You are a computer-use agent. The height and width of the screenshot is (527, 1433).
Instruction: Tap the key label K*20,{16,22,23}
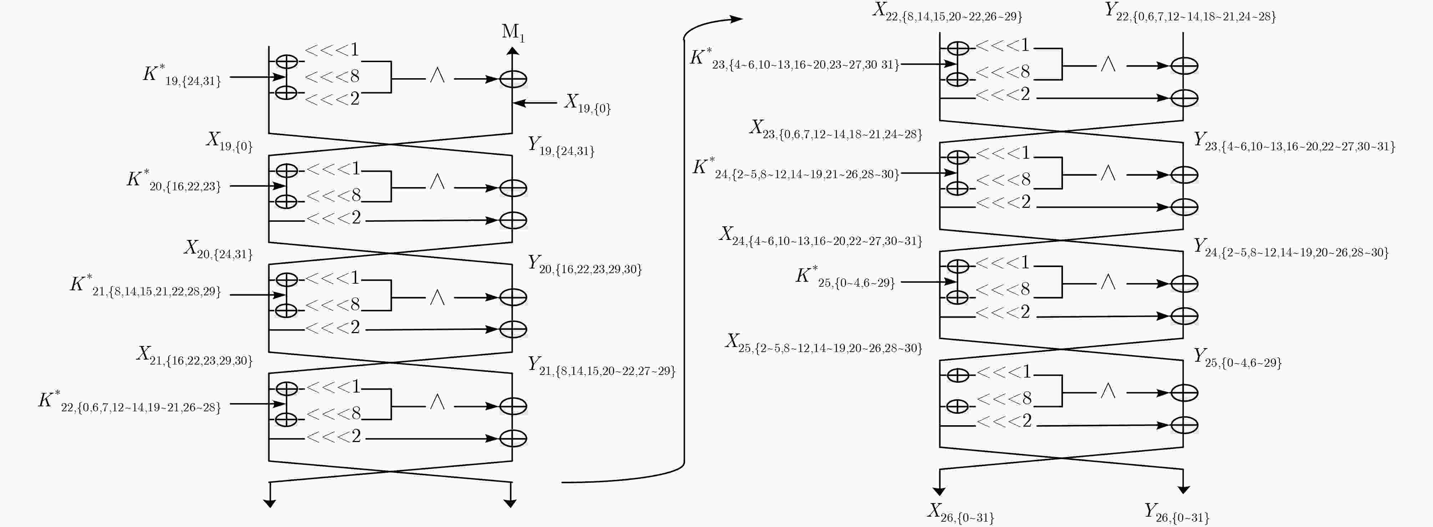pos(173,181)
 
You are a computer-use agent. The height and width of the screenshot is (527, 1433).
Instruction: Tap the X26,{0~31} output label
pos(960,512)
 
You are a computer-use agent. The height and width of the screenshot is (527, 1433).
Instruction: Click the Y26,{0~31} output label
pos(1176,512)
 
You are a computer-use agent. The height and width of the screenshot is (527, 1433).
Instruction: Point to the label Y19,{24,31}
pos(561,146)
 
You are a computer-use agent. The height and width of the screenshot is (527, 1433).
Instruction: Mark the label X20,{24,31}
pos(218,249)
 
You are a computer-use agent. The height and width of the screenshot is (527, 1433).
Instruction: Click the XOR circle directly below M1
pos(513,79)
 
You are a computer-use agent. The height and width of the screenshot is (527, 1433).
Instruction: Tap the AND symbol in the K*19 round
pos(437,75)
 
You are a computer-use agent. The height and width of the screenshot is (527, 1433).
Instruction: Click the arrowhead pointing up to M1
pos(513,51)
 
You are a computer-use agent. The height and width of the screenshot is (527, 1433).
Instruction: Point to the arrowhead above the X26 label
pos(939,491)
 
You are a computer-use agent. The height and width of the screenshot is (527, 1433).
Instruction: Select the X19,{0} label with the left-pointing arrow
pos(587,104)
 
